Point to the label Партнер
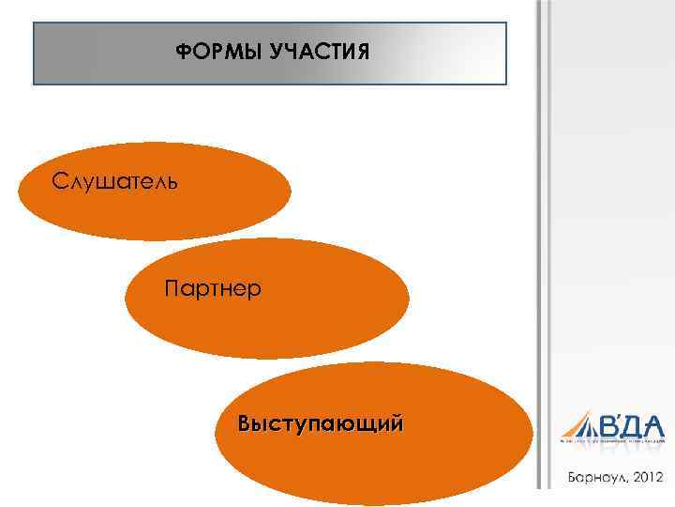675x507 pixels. (213, 286)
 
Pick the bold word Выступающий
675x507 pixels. (322, 423)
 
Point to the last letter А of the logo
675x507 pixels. (652, 423)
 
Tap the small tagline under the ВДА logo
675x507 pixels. (611, 439)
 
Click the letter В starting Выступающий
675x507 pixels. (246, 423)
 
